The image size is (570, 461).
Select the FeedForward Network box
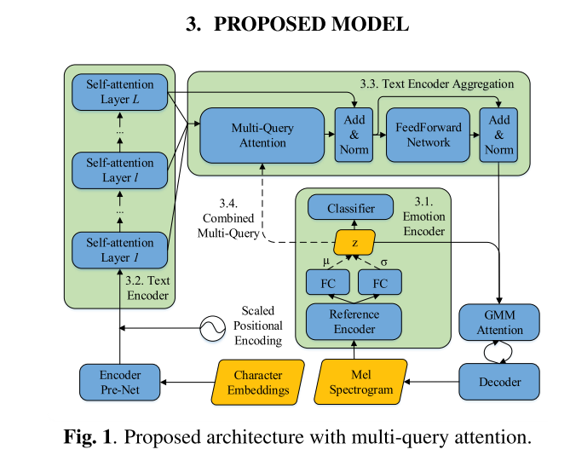(x=428, y=135)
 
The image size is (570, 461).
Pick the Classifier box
(x=349, y=207)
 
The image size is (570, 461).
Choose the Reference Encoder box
(x=354, y=320)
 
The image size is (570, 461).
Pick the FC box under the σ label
(x=381, y=281)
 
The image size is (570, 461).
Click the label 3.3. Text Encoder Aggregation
(x=436, y=84)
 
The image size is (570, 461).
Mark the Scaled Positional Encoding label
(x=257, y=326)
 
